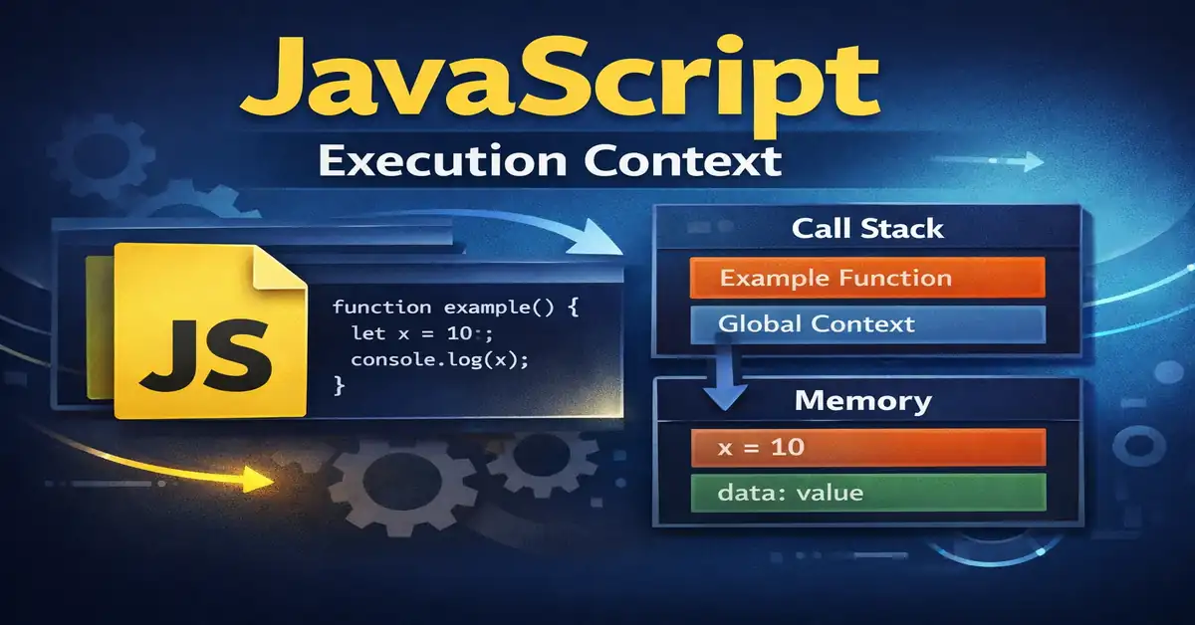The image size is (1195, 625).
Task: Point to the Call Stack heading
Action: click(867, 229)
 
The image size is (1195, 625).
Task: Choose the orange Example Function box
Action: click(866, 278)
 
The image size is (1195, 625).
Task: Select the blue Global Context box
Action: click(866, 324)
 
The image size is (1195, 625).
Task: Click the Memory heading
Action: click(863, 401)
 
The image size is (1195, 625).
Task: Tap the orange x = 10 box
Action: click(866, 448)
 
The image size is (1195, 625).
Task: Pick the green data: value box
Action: click(866, 493)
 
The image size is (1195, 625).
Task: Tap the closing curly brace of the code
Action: click(339, 384)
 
